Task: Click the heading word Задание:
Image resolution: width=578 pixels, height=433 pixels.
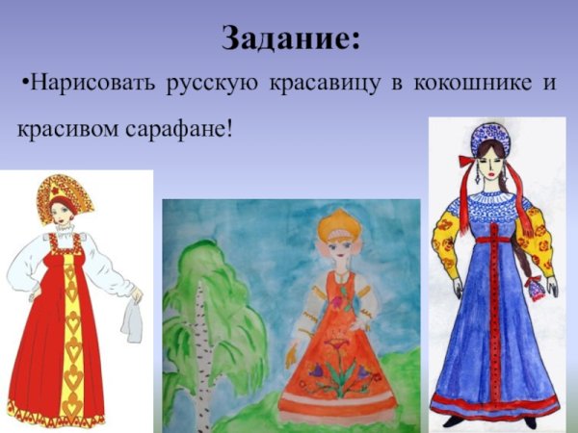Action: pos(292,38)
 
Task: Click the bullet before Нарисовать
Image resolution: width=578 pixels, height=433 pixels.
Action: pos(23,83)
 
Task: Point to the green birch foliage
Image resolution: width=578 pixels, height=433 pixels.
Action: pos(217,279)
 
